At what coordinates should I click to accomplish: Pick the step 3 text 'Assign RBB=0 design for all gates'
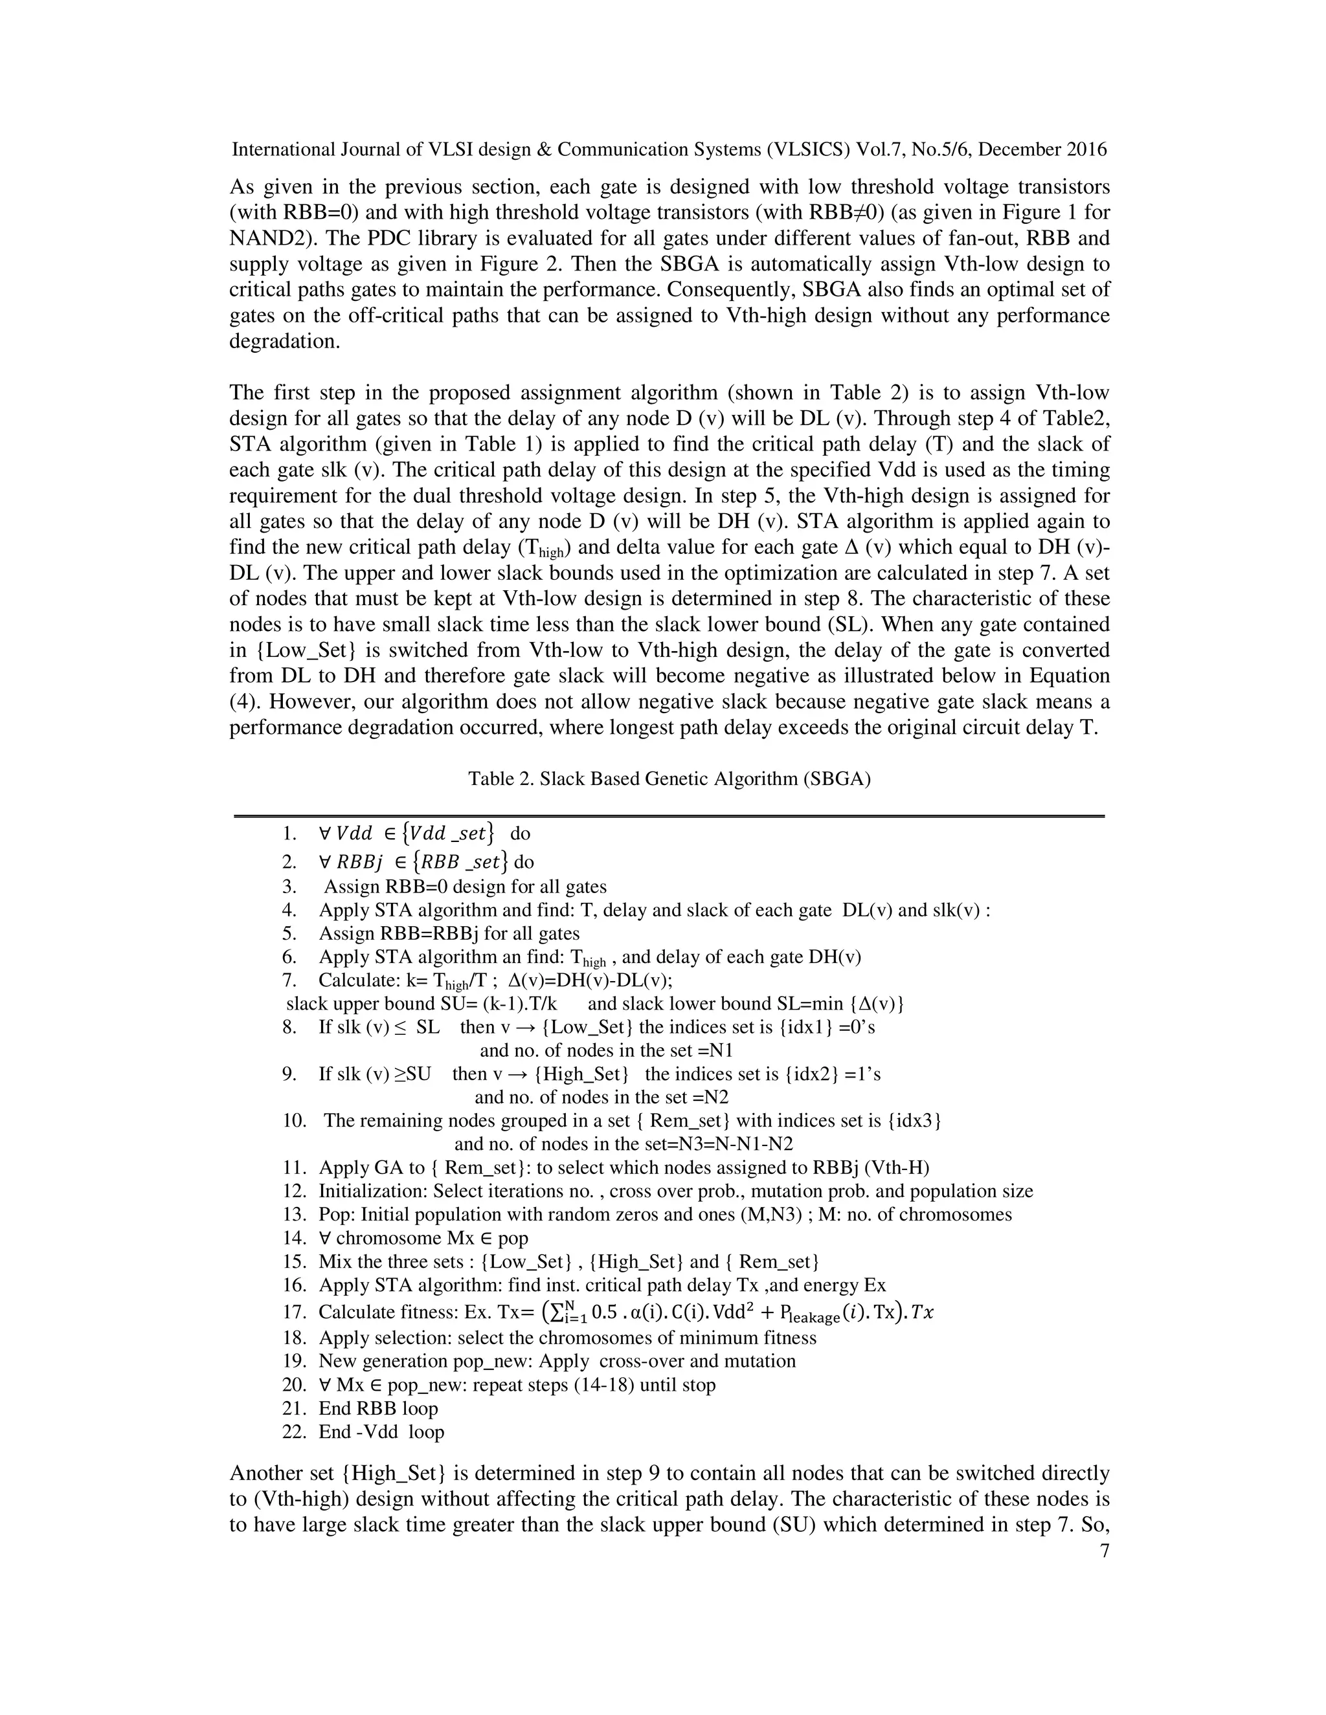point(465,887)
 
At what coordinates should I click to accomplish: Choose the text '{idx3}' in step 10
point(914,1120)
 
